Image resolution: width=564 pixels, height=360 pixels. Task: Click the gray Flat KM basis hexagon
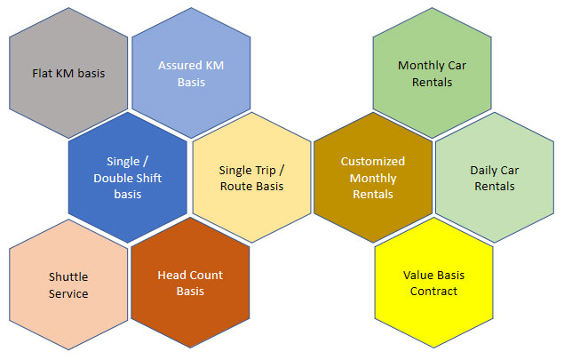tap(68, 73)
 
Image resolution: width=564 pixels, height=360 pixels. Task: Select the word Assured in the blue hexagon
tap(175, 65)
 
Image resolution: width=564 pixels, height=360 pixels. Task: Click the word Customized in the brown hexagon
tap(373, 161)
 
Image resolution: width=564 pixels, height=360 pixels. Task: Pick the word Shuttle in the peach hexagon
tap(68, 276)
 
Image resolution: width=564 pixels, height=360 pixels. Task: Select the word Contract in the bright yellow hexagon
tap(433, 291)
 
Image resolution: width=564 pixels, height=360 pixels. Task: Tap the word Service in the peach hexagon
tap(68, 293)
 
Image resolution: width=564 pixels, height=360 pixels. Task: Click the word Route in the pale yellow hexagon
tap(234, 186)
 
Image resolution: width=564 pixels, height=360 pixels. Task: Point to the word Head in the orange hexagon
tap(171, 275)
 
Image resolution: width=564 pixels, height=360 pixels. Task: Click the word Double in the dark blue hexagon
tap(110, 178)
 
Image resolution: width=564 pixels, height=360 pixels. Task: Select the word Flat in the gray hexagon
tap(42, 73)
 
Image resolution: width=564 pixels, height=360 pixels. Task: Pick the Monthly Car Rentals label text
tap(432, 74)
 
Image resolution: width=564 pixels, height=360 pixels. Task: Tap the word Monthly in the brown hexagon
tap(373, 178)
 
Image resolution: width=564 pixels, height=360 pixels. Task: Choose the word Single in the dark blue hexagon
tap(123, 162)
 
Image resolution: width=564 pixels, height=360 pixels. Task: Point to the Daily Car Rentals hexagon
tap(495, 178)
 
